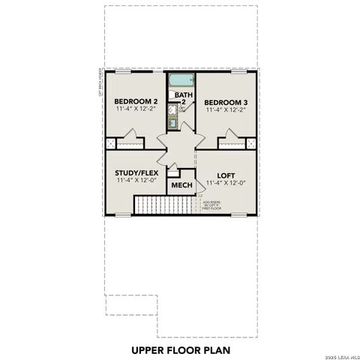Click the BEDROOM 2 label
pyautogui.click(x=134, y=101)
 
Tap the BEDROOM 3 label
pyautogui.click(x=226, y=101)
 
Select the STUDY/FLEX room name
pyautogui.click(x=135, y=172)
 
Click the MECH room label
pyautogui.click(x=181, y=185)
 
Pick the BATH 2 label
pyautogui.click(x=181, y=98)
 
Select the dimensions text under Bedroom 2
pyautogui.click(x=135, y=109)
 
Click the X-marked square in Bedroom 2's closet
pyautogui.click(x=111, y=142)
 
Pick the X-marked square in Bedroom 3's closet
pyautogui.click(x=251, y=142)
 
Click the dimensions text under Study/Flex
pyautogui.click(x=135, y=181)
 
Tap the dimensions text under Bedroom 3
pyautogui.click(x=226, y=109)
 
